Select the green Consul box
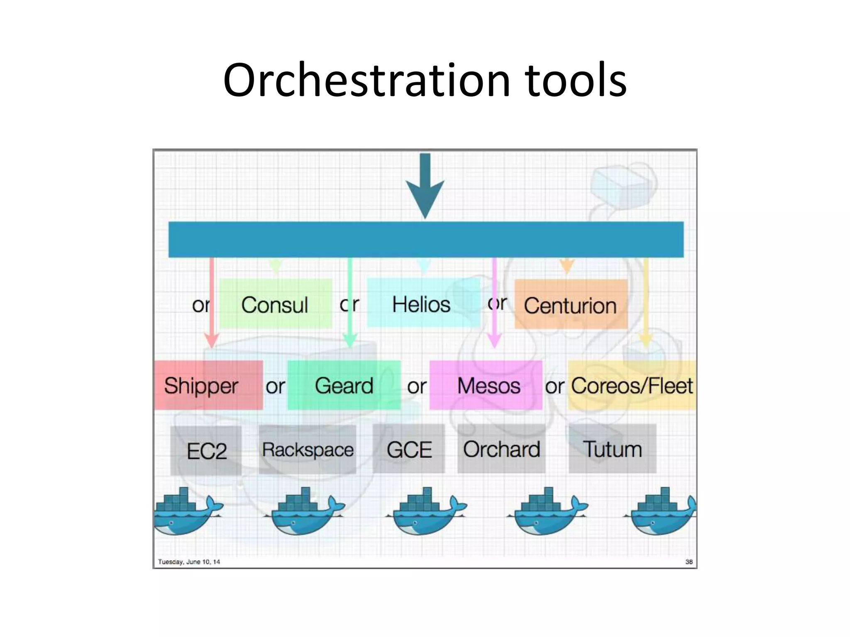(276, 304)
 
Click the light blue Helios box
(423, 304)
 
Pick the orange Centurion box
(571, 305)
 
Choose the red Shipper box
(208, 385)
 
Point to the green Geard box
(344, 385)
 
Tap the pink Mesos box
(486, 385)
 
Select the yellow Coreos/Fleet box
(631, 385)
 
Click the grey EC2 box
(206, 450)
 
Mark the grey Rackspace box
(308, 450)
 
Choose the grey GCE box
(409, 449)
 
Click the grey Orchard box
(501, 449)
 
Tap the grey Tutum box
(613, 449)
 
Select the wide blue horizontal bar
(426, 240)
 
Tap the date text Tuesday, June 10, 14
(189, 562)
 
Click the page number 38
(689, 562)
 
